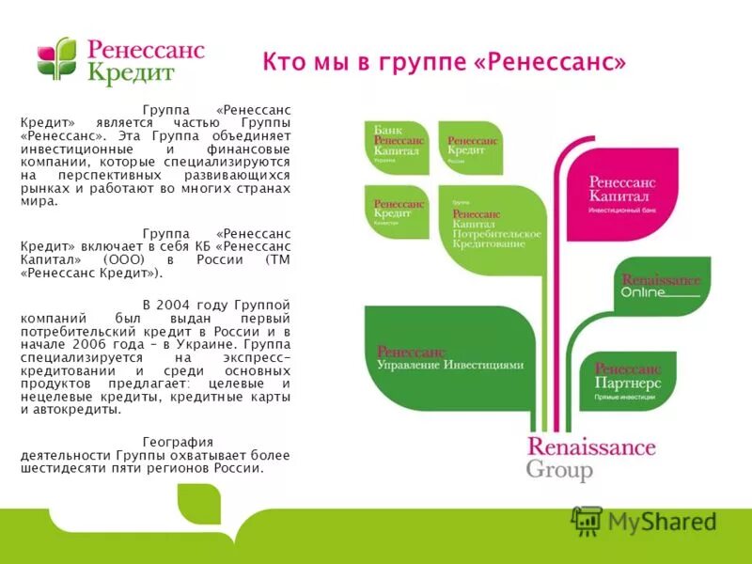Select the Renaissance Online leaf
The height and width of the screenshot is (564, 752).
click(660, 286)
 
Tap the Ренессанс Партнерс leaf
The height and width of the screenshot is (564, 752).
click(628, 383)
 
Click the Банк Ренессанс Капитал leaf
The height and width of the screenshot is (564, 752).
click(397, 146)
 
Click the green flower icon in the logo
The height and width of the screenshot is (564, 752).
click(56, 58)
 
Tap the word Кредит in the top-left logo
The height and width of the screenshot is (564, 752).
click(132, 74)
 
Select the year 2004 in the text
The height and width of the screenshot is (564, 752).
click(175, 305)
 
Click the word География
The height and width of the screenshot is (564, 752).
click(178, 442)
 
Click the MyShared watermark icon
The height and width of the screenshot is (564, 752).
click(587, 521)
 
